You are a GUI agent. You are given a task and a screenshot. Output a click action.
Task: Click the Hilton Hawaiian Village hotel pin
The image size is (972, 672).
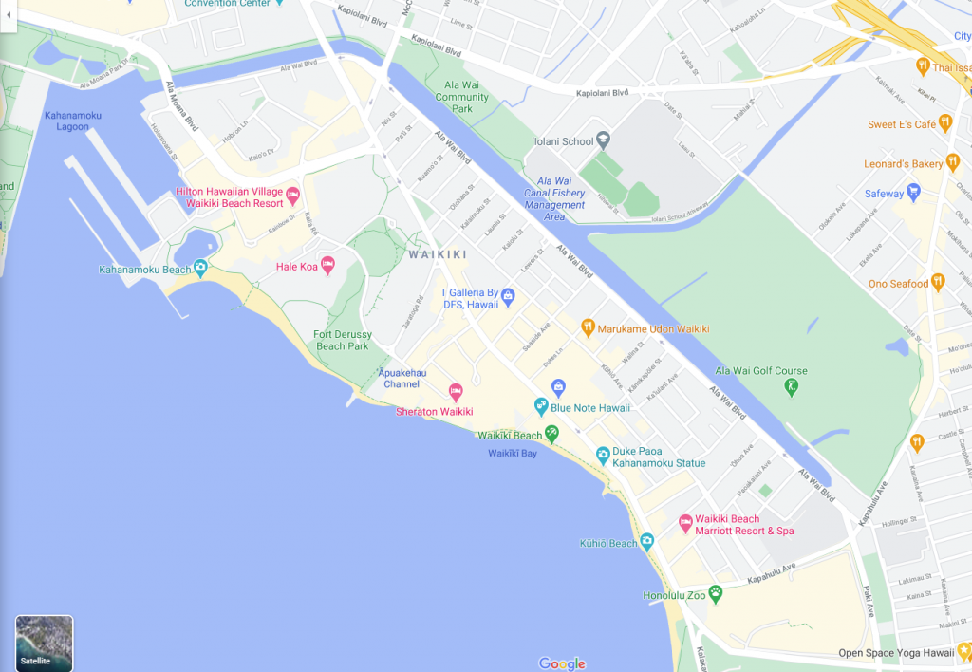pos(292,196)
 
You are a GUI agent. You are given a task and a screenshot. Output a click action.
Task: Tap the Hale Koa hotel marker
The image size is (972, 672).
pos(328,265)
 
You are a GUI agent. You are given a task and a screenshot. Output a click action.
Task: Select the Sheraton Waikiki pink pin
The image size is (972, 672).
pos(455,392)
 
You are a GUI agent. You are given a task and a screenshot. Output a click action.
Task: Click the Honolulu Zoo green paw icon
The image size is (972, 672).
pos(715,594)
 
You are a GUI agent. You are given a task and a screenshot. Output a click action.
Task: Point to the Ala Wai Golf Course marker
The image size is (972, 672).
pos(792,386)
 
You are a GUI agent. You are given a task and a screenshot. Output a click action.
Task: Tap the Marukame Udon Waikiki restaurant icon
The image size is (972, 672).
pos(588,328)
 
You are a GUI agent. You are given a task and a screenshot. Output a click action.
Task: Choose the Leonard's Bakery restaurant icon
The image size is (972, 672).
pos(953,164)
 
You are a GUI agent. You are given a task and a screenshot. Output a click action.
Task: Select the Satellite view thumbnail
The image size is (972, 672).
pos(44,644)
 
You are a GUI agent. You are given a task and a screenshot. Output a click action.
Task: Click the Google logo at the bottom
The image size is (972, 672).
pos(562,663)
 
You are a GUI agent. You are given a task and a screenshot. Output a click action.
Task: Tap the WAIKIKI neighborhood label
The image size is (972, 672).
pos(438,254)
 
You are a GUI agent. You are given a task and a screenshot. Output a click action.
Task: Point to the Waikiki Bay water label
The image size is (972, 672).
pos(513,454)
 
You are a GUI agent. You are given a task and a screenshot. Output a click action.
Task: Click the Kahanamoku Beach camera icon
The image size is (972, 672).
pos(200,269)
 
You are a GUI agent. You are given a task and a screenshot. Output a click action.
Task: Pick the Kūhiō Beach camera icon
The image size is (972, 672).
pos(647,542)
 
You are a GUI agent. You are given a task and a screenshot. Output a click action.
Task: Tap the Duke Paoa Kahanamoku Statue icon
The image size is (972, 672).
pos(603,457)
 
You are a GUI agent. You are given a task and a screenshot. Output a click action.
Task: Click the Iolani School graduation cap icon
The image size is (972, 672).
pos(603,141)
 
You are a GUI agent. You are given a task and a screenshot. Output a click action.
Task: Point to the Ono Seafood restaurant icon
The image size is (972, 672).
pos(938,283)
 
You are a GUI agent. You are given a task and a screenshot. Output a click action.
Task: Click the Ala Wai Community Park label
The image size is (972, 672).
pos(460,97)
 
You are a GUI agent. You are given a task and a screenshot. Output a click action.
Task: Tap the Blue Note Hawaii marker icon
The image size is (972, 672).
pos(541,407)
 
